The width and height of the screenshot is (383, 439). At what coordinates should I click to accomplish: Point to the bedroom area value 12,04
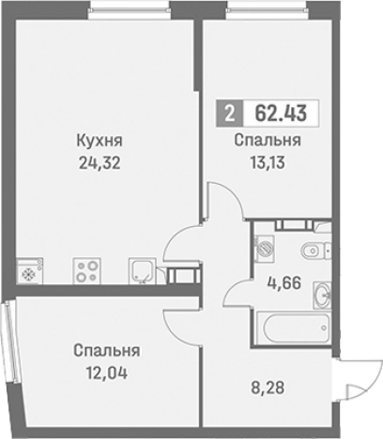[106, 371]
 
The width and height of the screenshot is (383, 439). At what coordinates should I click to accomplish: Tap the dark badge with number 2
[228, 114]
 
